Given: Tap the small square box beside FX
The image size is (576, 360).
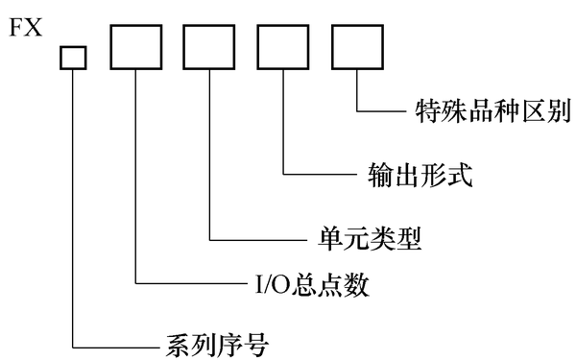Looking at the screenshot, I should [73, 59].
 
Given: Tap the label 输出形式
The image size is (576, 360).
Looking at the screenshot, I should [420, 175].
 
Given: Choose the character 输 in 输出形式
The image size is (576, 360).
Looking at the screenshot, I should [381, 175].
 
